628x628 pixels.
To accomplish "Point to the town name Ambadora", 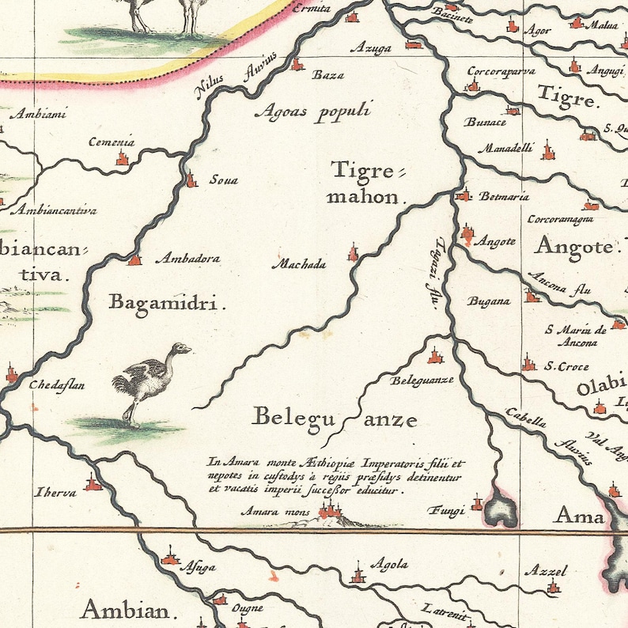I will click(187, 259).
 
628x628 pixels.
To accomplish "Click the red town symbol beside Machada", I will click(353, 253).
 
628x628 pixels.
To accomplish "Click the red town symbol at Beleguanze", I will click(433, 354).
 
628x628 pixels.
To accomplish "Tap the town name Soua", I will click(223, 180).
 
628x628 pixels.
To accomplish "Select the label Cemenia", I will click(112, 143).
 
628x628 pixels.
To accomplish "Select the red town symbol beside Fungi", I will click(477, 503).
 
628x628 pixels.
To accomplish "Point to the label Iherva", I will click(55, 493).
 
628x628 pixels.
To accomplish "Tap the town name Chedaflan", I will click(57, 386).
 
